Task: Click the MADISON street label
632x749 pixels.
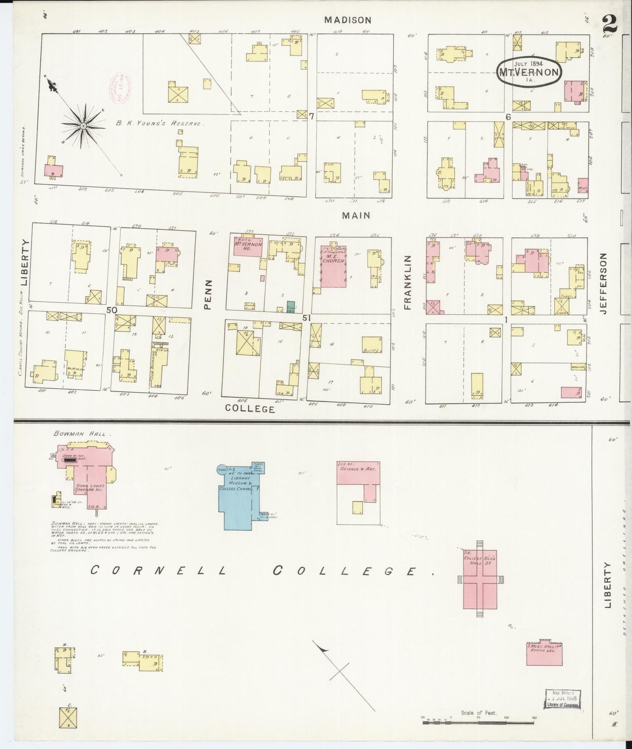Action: point(348,20)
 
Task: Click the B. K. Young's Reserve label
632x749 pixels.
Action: point(160,124)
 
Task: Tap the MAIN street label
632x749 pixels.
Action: point(356,215)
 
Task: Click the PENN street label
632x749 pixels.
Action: point(208,295)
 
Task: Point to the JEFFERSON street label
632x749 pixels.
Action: point(604,283)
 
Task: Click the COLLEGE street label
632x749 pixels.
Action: point(250,409)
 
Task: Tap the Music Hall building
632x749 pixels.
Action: point(544,654)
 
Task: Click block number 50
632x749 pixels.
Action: point(112,310)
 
